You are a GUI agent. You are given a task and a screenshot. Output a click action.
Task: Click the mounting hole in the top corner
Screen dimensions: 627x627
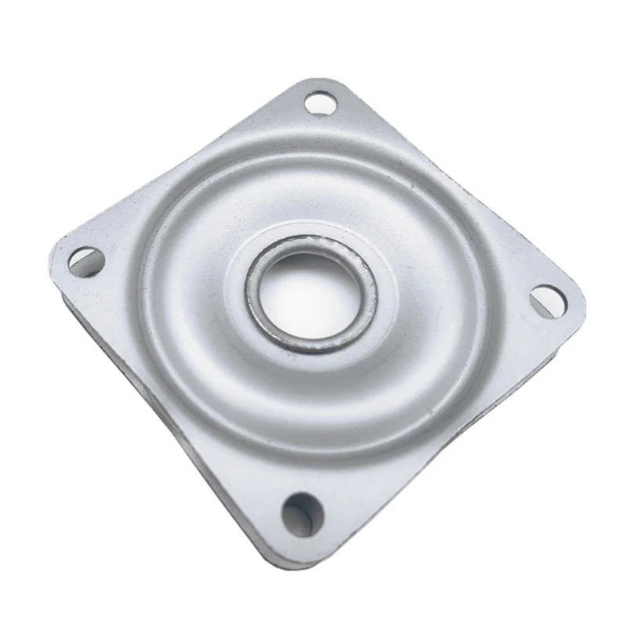pyautogui.click(x=320, y=103)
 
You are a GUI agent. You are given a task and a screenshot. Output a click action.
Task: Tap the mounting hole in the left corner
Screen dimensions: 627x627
pyautogui.click(x=86, y=261)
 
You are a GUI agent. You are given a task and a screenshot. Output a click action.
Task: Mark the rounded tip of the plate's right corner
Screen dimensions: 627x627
pyautogui.click(x=582, y=306)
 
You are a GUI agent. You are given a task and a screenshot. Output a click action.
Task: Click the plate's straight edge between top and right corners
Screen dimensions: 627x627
pyautogui.click(x=462, y=188)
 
